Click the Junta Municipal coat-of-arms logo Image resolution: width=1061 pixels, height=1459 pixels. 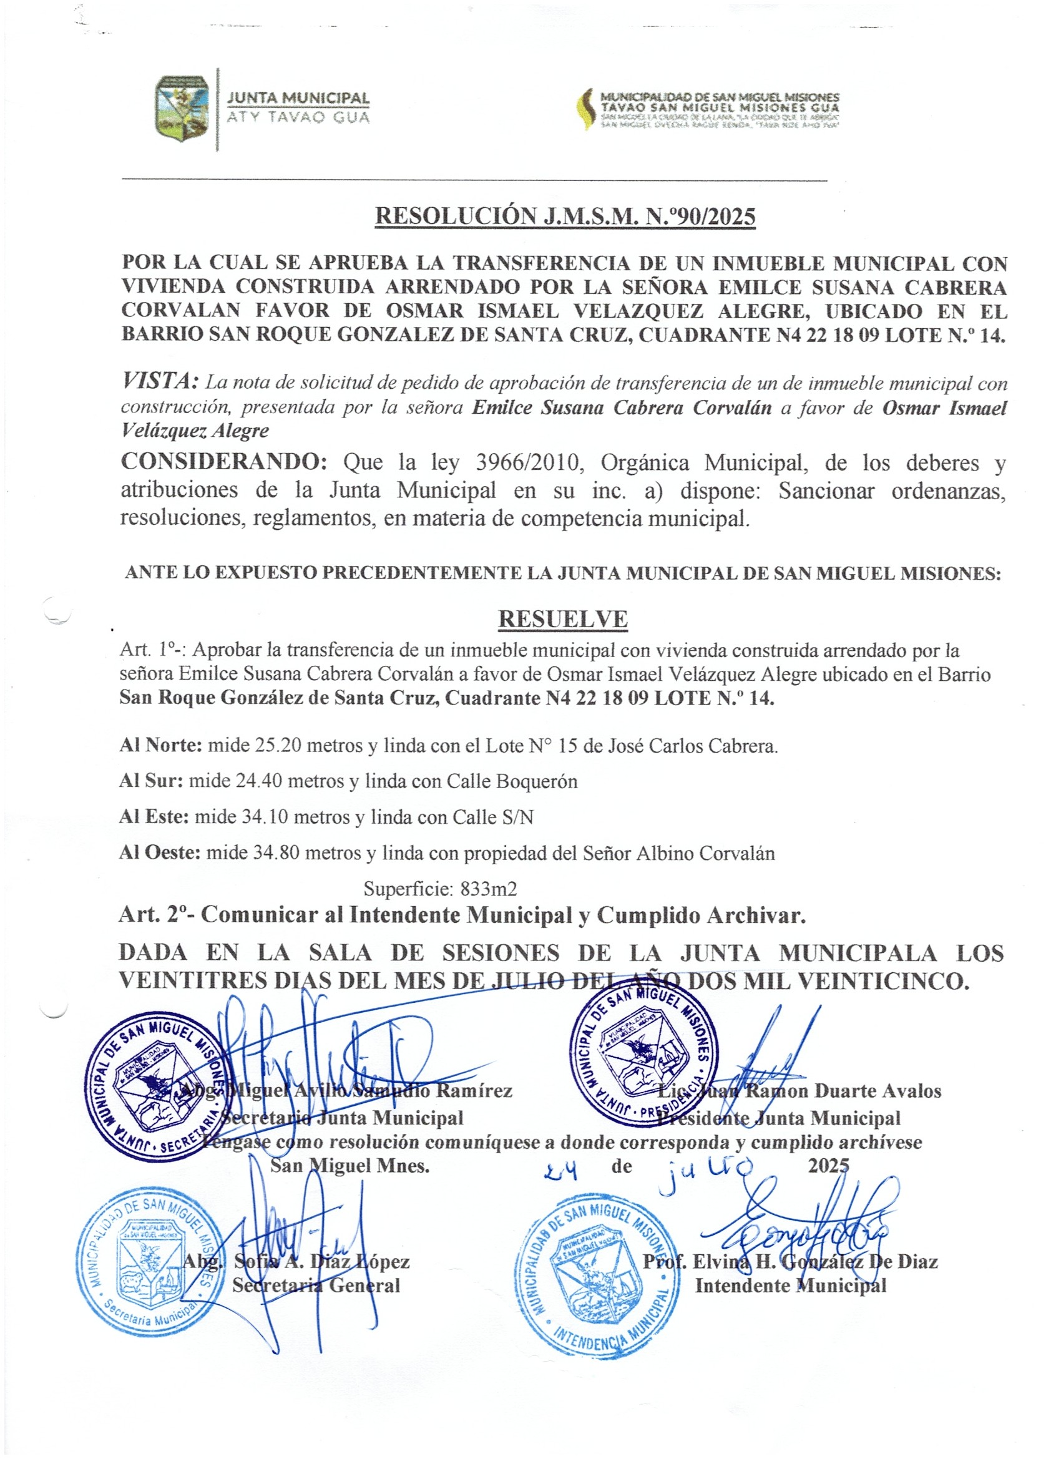point(182,108)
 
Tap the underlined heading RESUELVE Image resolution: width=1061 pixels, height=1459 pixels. point(562,619)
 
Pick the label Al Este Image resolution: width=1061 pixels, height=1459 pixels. point(154,817)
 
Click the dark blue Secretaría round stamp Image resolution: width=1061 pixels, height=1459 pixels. point(159,1088)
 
